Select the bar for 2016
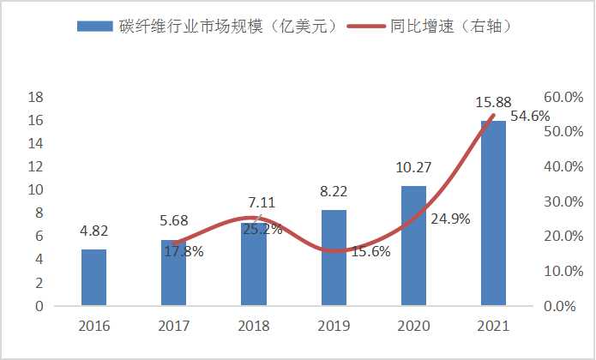pos(93,277)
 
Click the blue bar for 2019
pos(334,257)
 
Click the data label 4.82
pos(93,231)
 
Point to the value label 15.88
pos(493,103)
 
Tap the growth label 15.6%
pos(372,251)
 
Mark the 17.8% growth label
pos(184,250)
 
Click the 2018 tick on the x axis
pos(254,327)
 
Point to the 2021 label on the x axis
pos(493,327)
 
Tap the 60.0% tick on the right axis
pos(564,97)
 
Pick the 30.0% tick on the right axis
pos(564,201)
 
